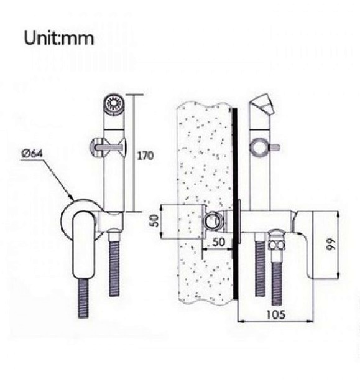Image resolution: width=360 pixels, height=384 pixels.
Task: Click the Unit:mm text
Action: click(x=58, y=38)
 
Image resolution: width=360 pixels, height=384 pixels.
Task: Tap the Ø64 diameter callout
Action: click(x=32, y=154)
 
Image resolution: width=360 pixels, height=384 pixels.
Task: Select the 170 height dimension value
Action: click(x=145, y=156)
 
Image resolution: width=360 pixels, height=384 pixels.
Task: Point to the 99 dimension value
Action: click(x=331, y=244)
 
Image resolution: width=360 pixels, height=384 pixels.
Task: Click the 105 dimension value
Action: click(x=275, y=314)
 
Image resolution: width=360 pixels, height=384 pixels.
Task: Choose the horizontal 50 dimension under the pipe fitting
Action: click(x=218, y=242)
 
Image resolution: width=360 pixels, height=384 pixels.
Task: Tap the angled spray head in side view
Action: click(x=262, y=104)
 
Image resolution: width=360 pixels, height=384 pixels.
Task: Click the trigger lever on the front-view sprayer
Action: click(x=108, y=147)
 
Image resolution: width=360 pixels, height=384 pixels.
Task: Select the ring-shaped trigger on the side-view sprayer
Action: click(x=259, y=147)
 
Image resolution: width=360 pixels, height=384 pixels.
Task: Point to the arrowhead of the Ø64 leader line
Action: click(x=71, y=197)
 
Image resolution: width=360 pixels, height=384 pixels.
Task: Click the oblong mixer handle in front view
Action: click(x=83, y=244)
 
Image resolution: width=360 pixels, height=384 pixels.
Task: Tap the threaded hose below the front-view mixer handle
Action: click(x=83, y=298)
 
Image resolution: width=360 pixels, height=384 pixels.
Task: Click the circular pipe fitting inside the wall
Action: click(x=213, y=221)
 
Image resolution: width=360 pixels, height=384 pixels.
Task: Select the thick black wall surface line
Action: click(x=235, y=204)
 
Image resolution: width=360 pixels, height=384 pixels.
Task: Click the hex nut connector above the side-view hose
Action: click(x=277, y=244)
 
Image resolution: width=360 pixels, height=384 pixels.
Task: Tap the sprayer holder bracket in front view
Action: click(x=111, y=221)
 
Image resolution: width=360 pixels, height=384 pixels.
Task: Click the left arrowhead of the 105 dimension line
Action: click(x=241, y=321)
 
